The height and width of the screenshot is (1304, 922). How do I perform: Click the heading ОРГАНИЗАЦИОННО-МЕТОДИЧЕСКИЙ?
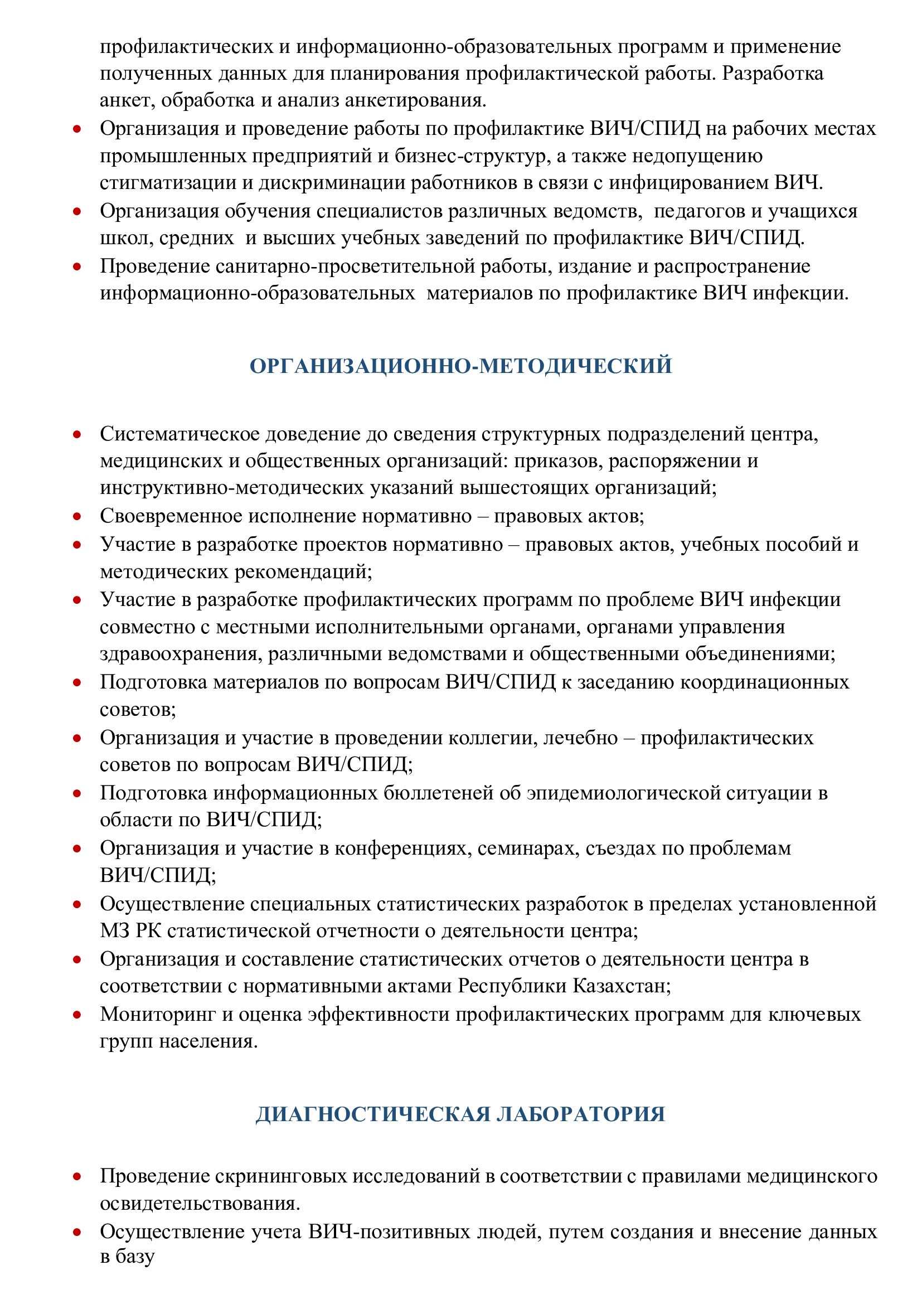(460, 366)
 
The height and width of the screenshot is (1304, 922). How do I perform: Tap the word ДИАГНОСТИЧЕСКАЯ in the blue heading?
(372, 1114)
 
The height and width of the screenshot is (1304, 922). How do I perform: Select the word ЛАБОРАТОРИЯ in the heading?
(580, 1114)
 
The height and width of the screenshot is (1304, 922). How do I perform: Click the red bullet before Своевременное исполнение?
(77, 516)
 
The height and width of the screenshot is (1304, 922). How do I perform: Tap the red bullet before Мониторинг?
(77, 1014)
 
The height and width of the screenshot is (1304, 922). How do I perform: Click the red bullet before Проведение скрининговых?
(77, 1176)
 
